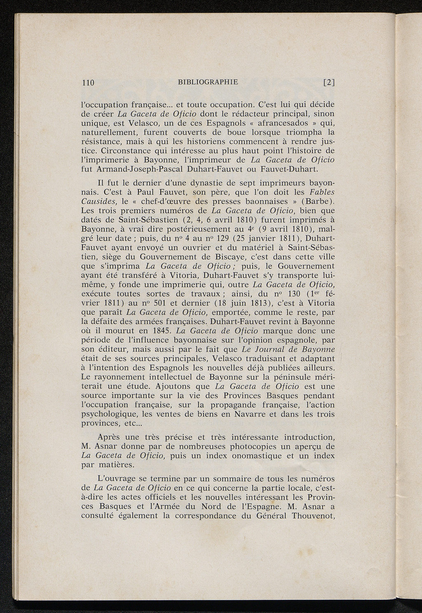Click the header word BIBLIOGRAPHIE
[x=208, y=82]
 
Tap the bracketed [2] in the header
[x=329, y=82]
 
